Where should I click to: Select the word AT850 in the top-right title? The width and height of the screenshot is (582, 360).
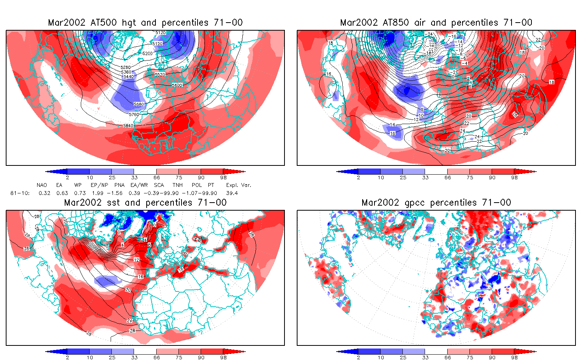point(396,23)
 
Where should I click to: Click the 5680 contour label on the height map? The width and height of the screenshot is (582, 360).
point(139,104)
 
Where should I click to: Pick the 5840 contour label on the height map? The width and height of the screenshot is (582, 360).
point(128,126)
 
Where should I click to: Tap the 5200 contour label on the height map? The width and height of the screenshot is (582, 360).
point(148,54)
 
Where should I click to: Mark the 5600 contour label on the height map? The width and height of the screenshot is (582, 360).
point(177,85)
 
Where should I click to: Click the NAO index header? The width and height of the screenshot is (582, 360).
point(42,185)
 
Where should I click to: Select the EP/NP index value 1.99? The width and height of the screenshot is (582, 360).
point(98,193)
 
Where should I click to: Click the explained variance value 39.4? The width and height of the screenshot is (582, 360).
point(232,193)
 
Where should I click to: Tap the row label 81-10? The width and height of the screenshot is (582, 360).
point(20,193)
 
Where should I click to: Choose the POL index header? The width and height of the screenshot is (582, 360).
point(197,185)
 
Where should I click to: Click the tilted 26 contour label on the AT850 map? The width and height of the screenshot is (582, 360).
point(515,115)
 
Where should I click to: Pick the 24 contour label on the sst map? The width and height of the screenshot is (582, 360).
point(129,320)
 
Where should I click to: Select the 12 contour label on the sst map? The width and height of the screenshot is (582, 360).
point(137,260)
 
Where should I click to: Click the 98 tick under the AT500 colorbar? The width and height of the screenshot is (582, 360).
point(224,177)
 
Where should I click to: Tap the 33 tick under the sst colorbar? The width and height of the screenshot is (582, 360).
point(134,357)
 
